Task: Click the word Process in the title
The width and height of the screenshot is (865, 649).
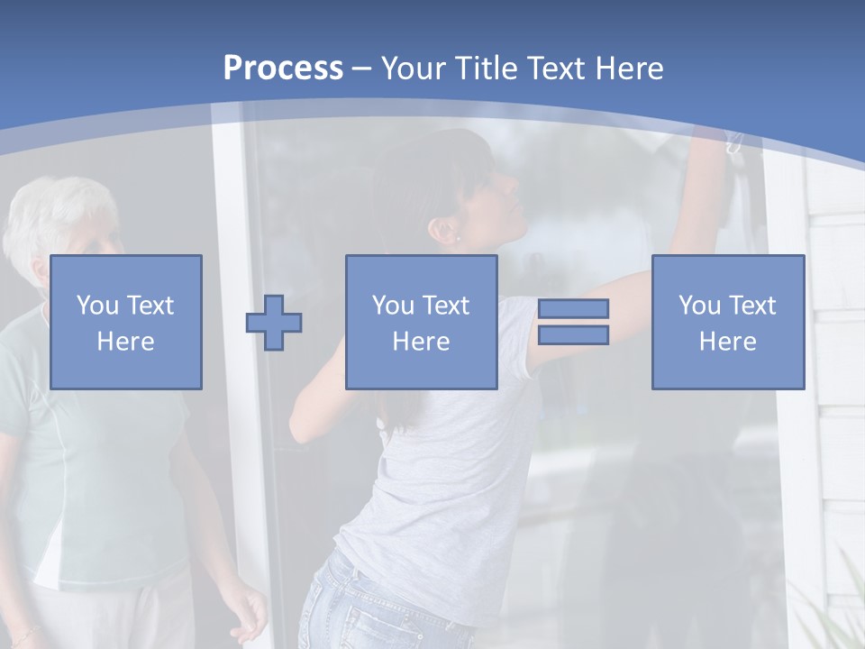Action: (x=283, y=69)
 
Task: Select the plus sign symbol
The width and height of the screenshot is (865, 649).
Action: (x=274, y=322)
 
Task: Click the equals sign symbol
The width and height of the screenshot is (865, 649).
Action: (x=573, y=322)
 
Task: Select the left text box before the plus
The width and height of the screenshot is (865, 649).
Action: (x=125, y=322)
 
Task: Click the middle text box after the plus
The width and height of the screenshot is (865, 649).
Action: (x=421, y=322)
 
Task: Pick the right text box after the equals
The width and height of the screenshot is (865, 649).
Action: (x=727, y=322)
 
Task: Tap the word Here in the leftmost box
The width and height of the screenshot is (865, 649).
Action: (x=125, y=342)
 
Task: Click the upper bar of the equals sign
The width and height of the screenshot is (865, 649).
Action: (x=573, y=308)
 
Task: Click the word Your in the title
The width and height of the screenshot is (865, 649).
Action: (x=414, y=69)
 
